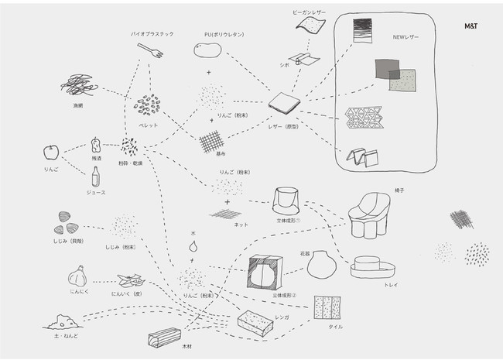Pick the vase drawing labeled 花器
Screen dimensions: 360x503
(320, 265)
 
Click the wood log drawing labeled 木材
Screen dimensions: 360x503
(166, 338)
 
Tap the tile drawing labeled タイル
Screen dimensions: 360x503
(325, 308)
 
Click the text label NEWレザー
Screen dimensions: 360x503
(405, 36)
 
